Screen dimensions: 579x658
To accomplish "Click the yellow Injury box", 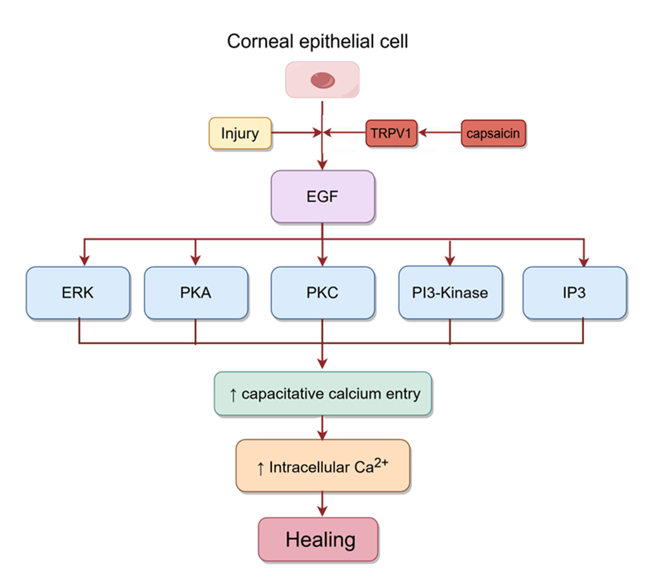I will pos(240,133).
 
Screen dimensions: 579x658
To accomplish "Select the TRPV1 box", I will pos(391,133).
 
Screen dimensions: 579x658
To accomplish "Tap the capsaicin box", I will pos(493,133).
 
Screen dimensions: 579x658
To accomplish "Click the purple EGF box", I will pos(322,196).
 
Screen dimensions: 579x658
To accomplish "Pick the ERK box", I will pos(78,293).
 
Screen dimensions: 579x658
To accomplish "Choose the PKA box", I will pos(196,293).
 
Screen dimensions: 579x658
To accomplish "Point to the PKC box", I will pos(322,293).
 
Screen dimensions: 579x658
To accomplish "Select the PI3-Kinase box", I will pos(450,293).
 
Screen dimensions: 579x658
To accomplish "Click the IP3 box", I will pos(574,293).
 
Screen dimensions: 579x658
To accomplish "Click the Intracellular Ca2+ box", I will pos(322,466).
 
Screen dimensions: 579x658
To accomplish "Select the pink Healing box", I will pos(318,539).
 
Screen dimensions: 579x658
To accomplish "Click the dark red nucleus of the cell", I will pos(322,80).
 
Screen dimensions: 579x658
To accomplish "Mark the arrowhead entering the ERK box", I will pos(84,261).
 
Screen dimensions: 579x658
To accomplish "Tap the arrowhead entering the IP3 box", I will pos(584,262).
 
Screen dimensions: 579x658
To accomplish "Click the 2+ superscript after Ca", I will pos(381,462).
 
